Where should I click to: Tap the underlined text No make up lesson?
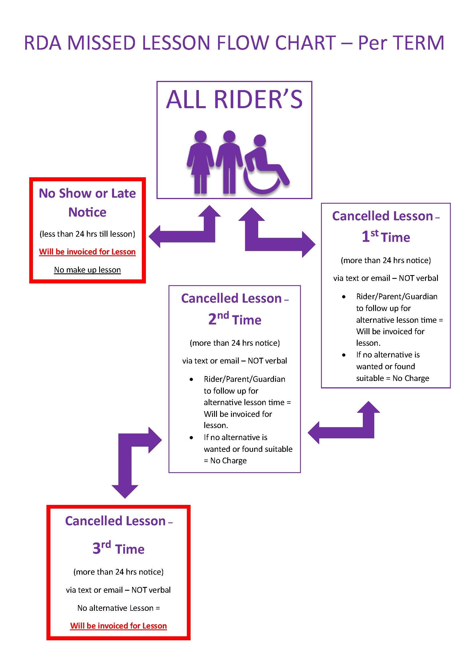tap(87, 270)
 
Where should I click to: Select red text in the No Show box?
tap(87, 252)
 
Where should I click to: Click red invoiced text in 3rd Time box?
tap(119, 626)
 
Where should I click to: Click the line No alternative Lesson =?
tap(119, 608)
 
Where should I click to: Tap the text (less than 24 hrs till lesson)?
tap(87, 234)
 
